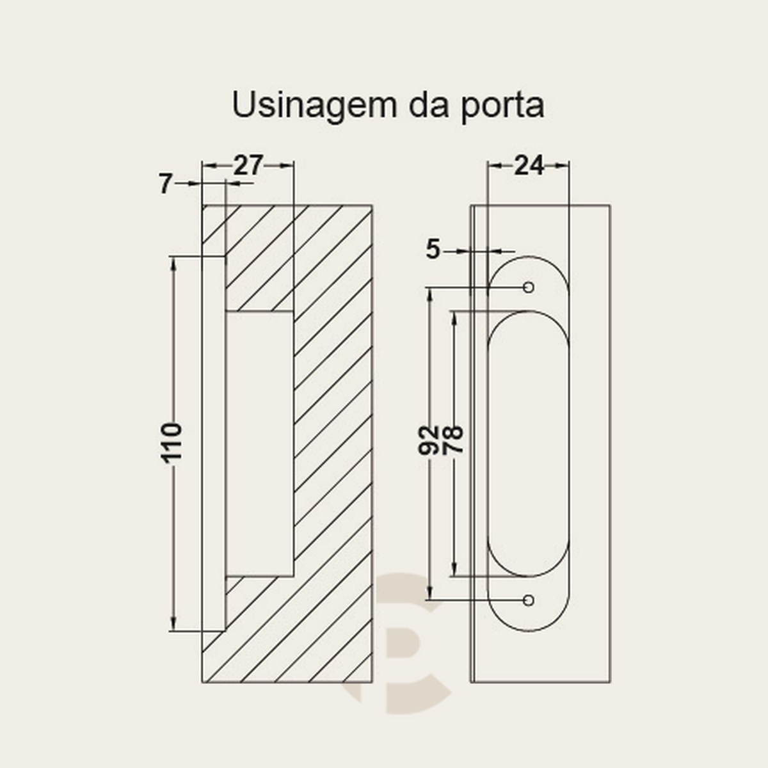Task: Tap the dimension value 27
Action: point(248,165)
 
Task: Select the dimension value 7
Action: point(165,184)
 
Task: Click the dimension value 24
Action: point(529,165)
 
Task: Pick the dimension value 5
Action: point(433,250)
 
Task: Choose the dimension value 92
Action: point(428,440)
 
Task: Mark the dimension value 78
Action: point(452,440)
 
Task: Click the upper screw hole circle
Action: point(529,287)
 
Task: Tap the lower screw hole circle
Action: point(529,600)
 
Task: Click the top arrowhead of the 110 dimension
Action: point(173,264)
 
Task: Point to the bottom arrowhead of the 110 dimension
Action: point(173,624)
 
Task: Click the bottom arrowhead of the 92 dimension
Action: point(429,593)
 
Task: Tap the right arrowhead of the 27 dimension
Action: point(287,166)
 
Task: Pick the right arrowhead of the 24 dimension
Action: point(562,166)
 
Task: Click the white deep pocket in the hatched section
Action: point(259,444)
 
